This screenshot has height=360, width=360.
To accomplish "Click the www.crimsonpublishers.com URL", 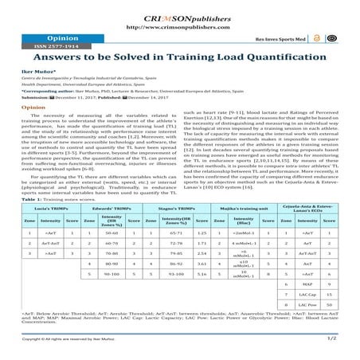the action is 179,26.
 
